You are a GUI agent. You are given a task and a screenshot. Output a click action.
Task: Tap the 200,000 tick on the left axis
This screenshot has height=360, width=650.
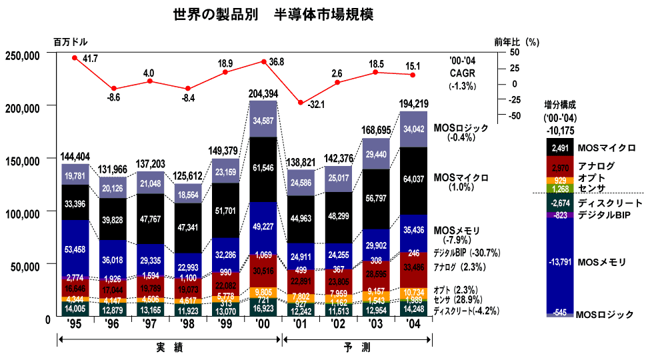[x=23, y=107]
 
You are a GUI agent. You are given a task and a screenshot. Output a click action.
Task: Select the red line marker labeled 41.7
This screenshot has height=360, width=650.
[x=75, y=58]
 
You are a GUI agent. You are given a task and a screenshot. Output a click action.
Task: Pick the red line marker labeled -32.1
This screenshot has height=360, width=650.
[x=301, y=103]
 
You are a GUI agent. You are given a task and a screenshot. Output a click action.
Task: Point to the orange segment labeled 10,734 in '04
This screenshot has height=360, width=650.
[x=413, y=292]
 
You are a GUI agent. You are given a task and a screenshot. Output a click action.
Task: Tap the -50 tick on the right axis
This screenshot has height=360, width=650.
[x=513, y=115]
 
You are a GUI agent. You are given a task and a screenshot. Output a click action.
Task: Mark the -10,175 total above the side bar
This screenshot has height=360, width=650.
[x=559, y=130]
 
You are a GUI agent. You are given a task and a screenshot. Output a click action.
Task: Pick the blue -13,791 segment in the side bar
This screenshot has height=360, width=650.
[x=559, y=263]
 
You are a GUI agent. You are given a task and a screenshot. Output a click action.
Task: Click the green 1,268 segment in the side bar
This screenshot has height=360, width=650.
[x=559, y=189]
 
